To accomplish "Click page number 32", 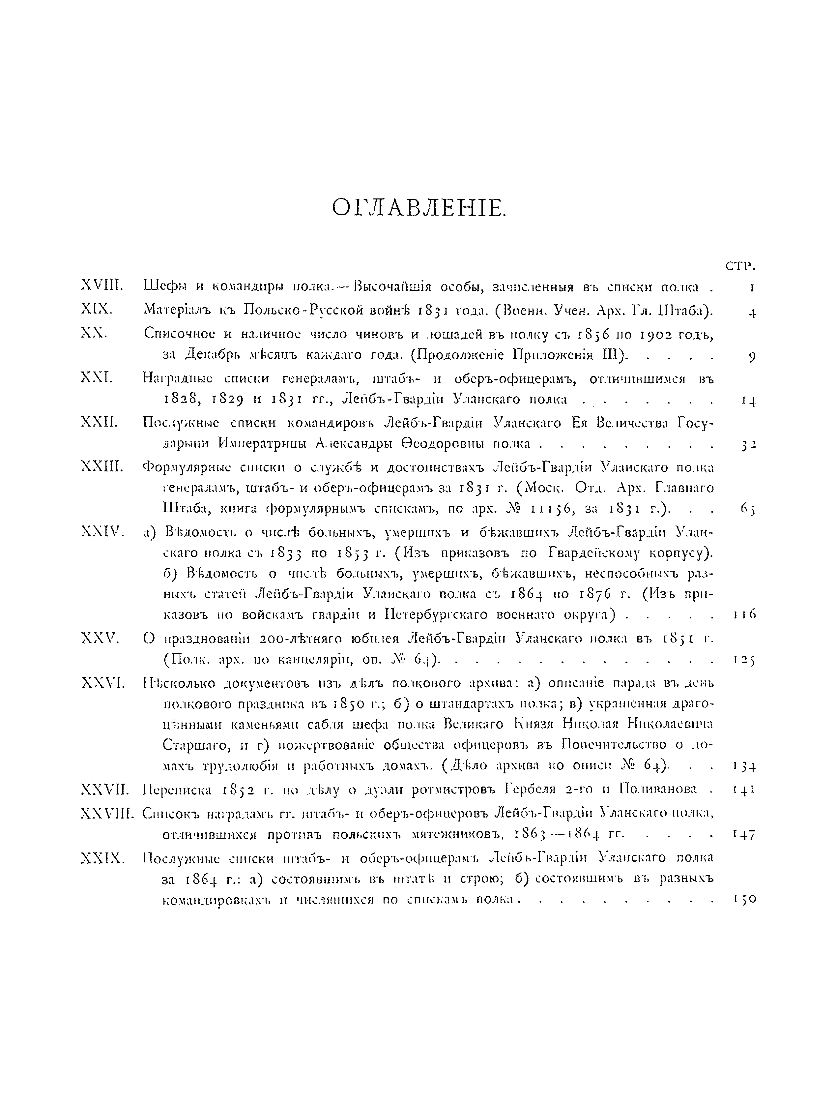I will tap(749, 444).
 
